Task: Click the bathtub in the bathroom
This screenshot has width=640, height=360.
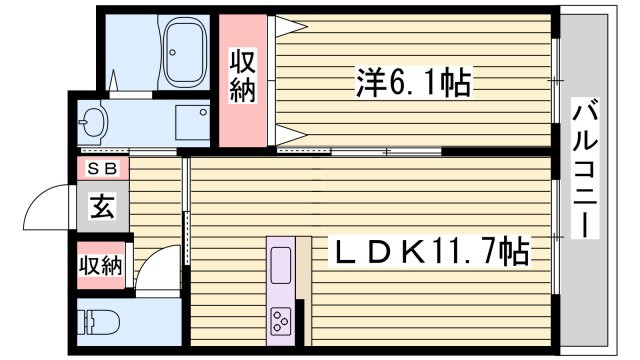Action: (183, 51)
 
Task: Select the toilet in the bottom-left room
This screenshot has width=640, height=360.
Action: (98, 322)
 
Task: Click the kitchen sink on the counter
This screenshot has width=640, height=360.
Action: (281, 265)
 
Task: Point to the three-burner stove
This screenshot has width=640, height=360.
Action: (280, 320)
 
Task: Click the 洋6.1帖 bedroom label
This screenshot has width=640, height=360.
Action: (413, 83)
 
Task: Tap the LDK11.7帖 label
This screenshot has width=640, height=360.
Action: (428, 251)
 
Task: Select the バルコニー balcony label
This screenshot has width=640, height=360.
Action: (585, 168)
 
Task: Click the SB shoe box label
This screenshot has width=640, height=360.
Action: (102, 168)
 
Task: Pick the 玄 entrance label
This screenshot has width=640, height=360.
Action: (103, 206)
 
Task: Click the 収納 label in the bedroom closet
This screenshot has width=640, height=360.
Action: (243, 76)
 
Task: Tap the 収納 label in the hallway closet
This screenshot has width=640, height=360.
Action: (100, 266)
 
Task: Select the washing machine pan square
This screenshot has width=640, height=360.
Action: (192, 122)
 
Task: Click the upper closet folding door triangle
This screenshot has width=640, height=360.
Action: (291, 27)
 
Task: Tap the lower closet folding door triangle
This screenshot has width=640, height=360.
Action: (291, 134)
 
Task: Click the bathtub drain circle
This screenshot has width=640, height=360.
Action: (173, 52)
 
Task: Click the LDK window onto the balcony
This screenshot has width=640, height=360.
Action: (556, 237)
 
